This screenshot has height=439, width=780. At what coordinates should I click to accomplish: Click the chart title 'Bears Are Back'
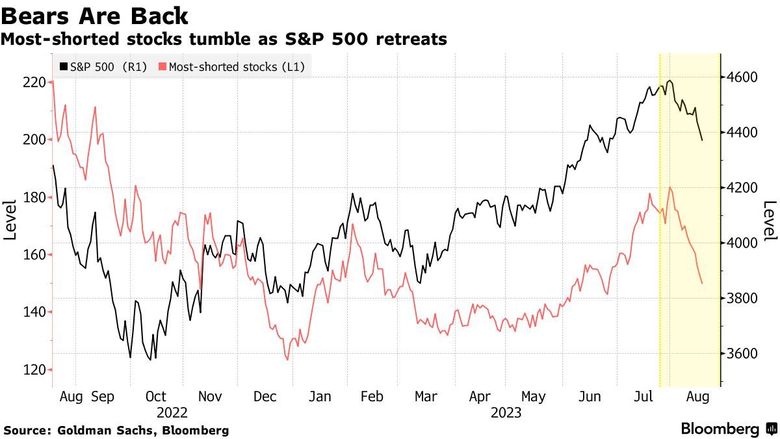[x=95, y=16]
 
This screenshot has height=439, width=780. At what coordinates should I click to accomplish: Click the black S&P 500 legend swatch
[x=63, y=66]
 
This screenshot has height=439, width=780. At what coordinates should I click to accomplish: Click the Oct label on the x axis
[x=156, y=396]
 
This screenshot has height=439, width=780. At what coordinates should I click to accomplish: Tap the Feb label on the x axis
[x=372, y=396]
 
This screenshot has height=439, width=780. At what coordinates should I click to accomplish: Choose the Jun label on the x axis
[x=589, y=396]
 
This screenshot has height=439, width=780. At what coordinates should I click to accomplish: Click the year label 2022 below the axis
[x=172, y=412]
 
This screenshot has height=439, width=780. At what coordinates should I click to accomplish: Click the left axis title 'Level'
[x=10, y=220]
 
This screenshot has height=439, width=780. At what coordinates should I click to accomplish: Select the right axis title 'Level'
[x=769, y=220]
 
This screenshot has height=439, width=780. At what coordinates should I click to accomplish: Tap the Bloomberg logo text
[x=720, y=429]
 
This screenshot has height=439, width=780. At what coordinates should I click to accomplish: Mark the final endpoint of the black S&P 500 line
[x=702, y=140]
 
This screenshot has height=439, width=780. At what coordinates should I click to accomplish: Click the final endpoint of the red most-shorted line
[x=702, y=283]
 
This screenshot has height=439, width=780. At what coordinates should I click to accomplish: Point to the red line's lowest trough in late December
[x=287, y=359]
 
